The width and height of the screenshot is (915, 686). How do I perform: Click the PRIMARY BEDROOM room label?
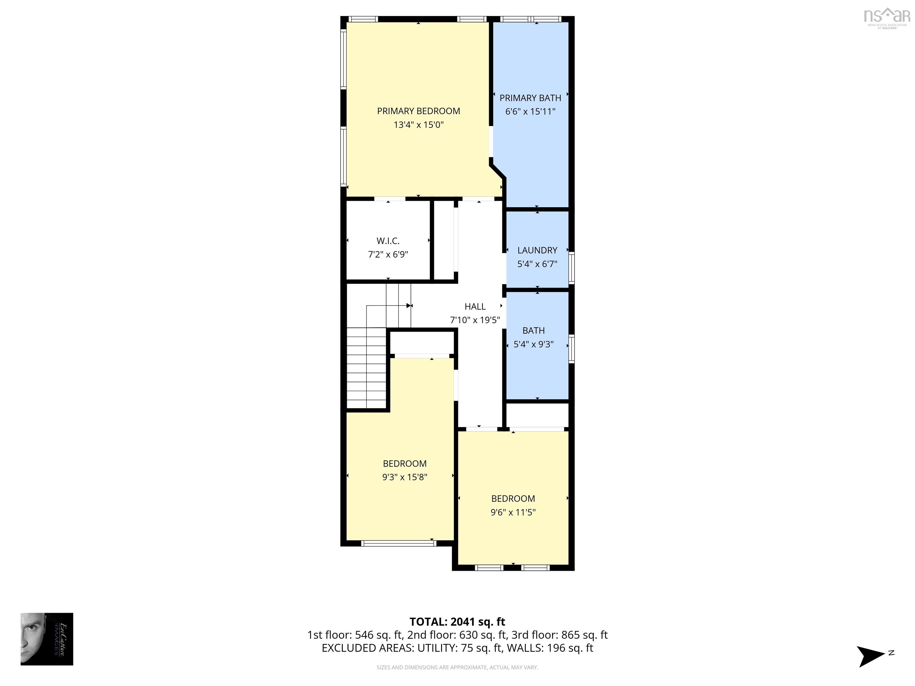tap(418, 111)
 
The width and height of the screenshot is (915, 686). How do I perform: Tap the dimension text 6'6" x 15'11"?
tap(530, 112)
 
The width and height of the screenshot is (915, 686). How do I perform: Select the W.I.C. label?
tap(388, 241)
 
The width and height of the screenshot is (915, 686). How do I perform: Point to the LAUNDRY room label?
tap(537, 250)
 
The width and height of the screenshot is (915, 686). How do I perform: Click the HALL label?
tap(474, 306)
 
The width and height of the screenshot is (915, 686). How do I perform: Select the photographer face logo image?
tap(47, 639)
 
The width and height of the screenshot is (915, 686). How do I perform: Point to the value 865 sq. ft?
tap(584, 635)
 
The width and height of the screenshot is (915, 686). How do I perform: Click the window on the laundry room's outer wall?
tap(571, 268)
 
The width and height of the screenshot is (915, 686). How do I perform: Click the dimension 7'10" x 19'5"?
tap(474, 320)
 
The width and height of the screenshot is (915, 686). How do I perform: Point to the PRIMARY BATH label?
tap(530, 98)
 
